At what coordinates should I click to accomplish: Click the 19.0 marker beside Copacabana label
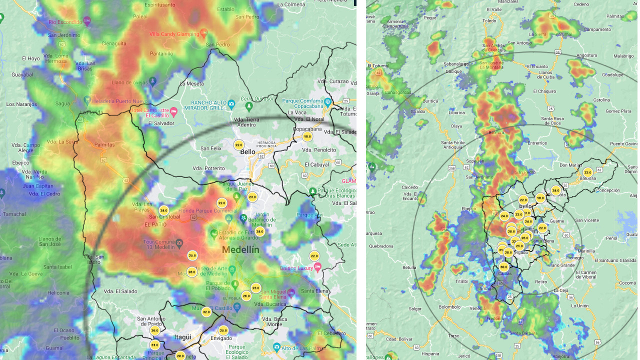coord(307,136)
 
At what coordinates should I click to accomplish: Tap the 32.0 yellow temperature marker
coord(206,312)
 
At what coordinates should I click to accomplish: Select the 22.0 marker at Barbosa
coord(588,172)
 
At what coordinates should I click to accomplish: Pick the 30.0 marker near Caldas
coord(503,267)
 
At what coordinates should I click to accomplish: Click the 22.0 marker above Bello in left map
coord(238,145)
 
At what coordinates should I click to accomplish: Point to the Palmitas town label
coord(104,145)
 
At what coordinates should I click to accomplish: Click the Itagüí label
coord(182,337)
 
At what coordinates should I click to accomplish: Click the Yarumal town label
coord(563,34)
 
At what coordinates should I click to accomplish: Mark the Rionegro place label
coord(574,258)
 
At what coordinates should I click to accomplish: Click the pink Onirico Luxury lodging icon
coord(317,268)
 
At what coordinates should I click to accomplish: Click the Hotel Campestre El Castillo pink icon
coord(173,110)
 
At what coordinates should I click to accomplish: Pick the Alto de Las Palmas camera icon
coord(276,346)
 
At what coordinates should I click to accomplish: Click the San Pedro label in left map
coord(217,44)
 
